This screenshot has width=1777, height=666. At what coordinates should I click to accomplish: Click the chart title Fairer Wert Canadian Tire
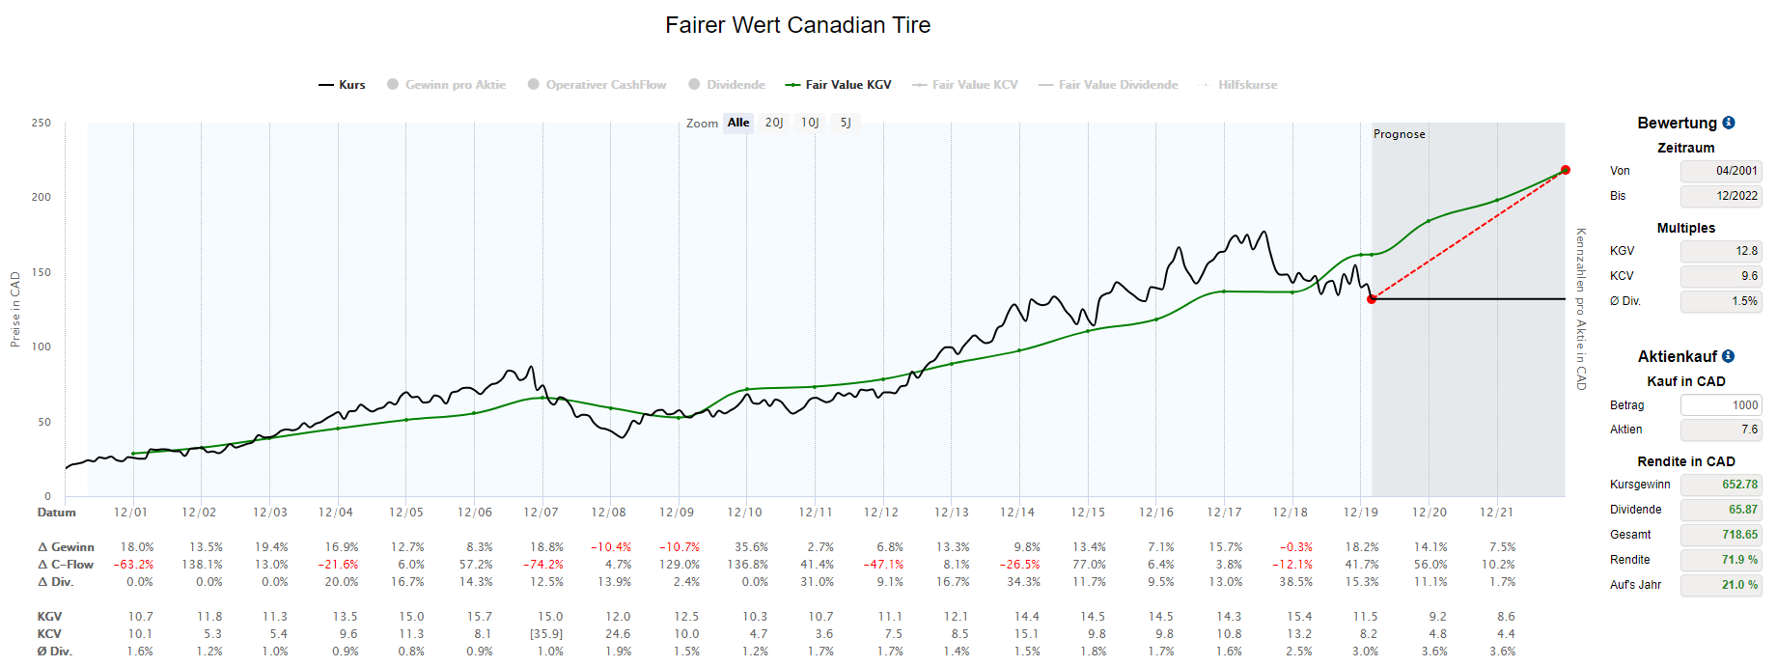click(797, 25)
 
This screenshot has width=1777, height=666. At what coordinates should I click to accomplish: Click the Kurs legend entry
click(343, 85)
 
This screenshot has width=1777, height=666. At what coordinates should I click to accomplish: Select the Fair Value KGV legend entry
click(839, 85)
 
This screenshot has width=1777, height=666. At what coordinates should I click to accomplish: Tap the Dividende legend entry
click(727, 85)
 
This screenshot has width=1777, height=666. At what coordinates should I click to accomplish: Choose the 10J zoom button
click(810, 123)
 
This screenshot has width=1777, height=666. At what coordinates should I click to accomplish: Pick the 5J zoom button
click(846, 123)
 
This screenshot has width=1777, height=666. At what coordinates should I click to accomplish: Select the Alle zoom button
click(738, 123)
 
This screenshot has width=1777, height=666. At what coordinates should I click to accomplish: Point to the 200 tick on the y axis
click(41, 197)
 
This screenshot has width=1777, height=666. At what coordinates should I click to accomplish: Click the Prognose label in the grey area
click(1399, 134)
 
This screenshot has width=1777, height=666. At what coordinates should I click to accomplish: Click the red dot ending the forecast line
click(1565, 170)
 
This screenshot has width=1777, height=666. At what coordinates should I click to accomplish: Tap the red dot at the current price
click(1372, 299)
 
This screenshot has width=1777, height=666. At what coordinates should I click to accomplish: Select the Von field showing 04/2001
click(1721, 171)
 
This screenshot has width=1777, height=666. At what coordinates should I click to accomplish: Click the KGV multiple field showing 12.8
click(1721, 251)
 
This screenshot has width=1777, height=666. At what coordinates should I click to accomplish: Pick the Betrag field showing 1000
click(1721, 405)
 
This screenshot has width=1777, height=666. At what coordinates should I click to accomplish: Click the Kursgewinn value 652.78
click(1721, 485)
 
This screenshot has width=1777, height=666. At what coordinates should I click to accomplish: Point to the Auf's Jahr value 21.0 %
click(1721, 585)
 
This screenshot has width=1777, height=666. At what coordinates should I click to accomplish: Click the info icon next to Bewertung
click(1729, 123)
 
